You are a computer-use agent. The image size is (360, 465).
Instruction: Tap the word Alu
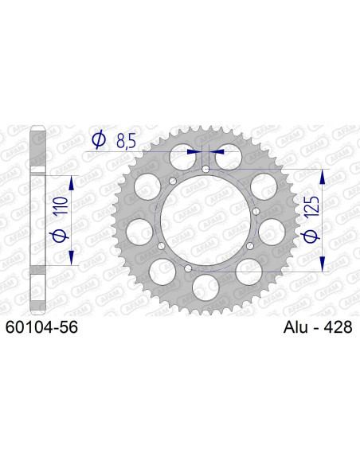[x=298, y=326]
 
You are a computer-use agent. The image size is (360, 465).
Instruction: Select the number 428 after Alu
[x=337, y=326]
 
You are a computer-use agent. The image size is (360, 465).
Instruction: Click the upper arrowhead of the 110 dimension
[x=72, y=183]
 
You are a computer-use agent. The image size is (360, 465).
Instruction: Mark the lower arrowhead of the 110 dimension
[x=72, y=258]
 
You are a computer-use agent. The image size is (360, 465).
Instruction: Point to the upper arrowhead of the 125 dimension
[x=323, y=176]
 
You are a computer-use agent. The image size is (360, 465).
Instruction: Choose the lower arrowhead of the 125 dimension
[x=323, y=264]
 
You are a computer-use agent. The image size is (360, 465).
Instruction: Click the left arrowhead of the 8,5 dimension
[x=194, y=149]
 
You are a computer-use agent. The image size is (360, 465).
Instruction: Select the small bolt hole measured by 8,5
[x=206, y=170]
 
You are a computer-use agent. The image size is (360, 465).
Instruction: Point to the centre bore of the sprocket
[x=206, y=221]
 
